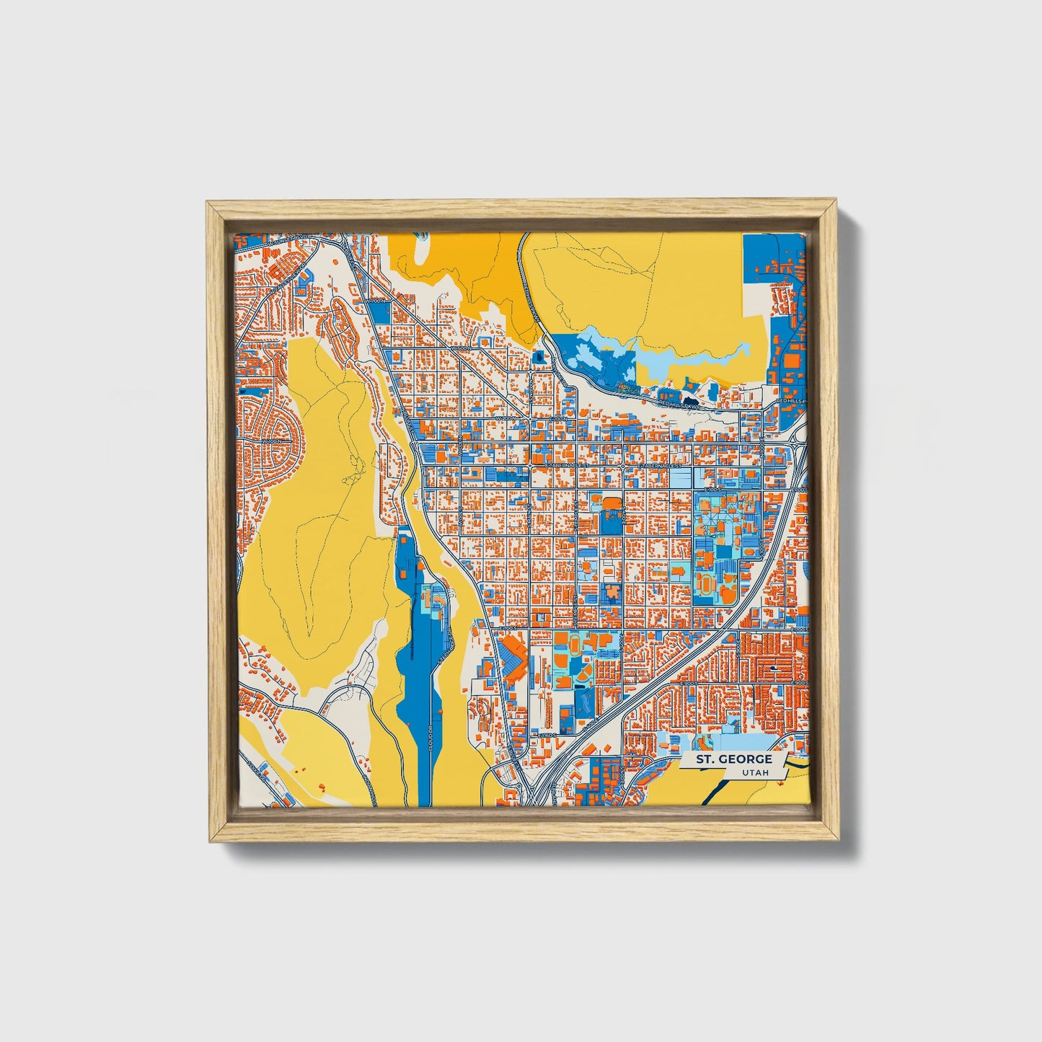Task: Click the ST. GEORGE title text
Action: tap(733, 759)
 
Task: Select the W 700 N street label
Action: tap(374, 301)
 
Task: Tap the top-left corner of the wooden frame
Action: tap(208, 203)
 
